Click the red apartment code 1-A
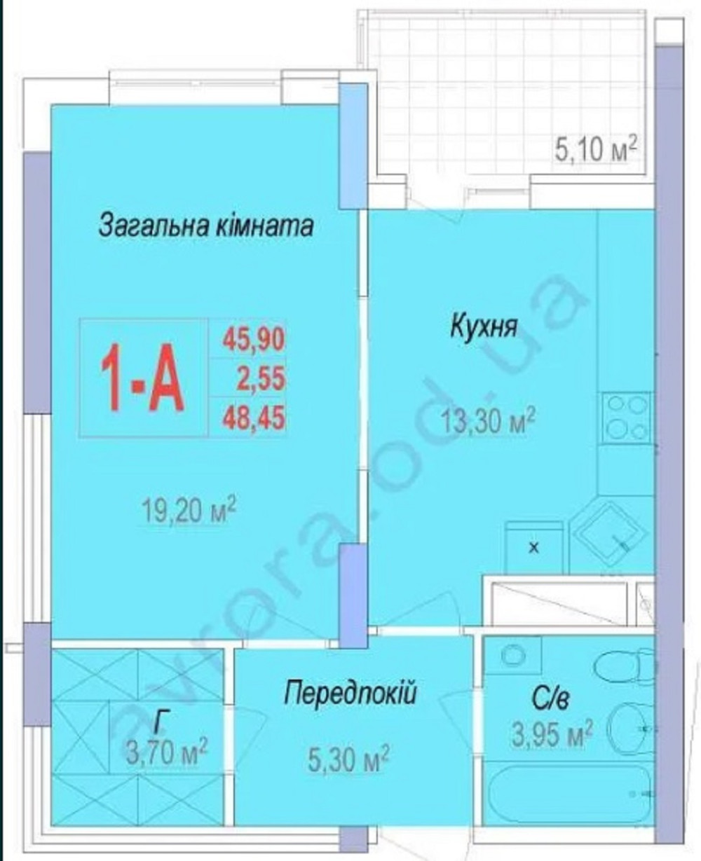[142, 378]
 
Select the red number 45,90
[254, 339]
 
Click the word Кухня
[484, 326]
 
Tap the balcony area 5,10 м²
[596, 151]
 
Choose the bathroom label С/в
[550, 698]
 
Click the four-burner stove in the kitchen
[626, 417]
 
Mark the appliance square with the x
[534, 547]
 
